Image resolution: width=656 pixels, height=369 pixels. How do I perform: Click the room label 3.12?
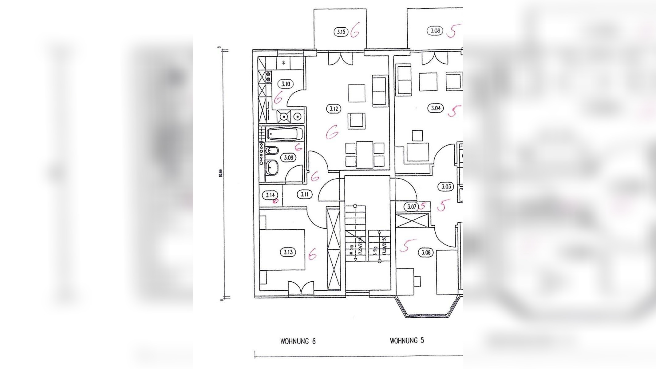point(334,109)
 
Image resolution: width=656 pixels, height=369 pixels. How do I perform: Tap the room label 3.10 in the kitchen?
point(286,84)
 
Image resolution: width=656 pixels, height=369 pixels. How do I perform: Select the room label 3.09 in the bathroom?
point(288,158)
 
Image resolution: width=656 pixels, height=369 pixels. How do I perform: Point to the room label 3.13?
point(288,252)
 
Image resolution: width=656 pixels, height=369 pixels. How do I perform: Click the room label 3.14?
point(270,195)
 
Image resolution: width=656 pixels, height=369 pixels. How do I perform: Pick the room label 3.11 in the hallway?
point(304,194)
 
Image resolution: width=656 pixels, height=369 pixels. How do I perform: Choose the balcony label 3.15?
point(341,32)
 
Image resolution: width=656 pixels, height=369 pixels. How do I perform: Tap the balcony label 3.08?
point(435,31)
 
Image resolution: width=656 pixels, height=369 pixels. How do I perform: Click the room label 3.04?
point(436,108)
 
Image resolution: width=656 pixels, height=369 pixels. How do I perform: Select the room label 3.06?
point(426,253)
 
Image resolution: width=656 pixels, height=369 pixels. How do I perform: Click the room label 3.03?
point(446,187)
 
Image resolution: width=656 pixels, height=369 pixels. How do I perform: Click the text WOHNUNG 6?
point(298,341)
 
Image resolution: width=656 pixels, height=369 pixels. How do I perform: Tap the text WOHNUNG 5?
point(407,341)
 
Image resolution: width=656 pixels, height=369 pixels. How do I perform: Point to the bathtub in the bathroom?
point(282,134)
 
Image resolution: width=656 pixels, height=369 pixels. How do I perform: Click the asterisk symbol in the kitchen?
point(284,63)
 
